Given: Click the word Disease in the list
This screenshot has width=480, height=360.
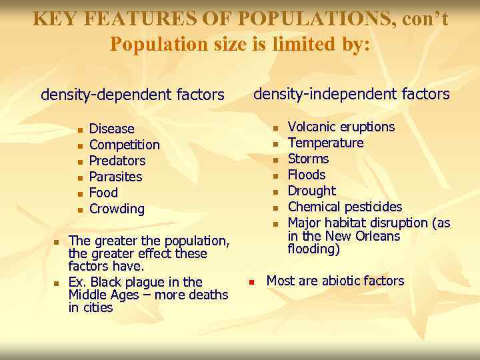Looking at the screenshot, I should [111, 129].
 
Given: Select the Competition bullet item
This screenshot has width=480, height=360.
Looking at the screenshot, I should [124, 145].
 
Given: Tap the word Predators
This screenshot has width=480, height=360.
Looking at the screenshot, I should [117, 161].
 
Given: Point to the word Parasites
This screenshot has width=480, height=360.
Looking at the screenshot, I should [115, 177].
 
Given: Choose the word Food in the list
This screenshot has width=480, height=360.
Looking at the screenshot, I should [103, 193].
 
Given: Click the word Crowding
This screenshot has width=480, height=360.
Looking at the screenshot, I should [117, 209].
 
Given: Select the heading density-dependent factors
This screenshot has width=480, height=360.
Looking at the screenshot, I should [132, 95].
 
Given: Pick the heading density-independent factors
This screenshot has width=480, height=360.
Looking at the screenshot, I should [351, 94].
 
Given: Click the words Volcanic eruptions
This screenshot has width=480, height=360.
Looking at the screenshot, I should [341, 127].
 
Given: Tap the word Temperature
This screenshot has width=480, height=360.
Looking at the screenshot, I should [325, 143].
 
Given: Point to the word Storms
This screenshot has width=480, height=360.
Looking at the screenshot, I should [308, 159].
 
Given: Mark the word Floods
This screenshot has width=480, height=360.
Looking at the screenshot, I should [307, 175].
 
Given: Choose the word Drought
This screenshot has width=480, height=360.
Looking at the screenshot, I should [311, 191].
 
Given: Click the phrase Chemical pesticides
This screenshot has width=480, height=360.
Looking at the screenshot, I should [345, 207].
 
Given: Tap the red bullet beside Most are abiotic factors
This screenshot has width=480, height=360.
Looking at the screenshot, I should [252, 282].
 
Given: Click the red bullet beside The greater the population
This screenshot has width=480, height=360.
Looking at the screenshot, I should [57, 241].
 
